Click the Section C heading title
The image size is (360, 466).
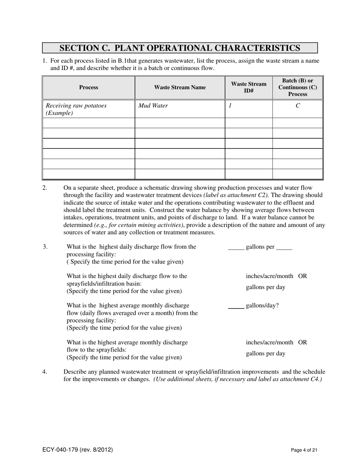[180, 48]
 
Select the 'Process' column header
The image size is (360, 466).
[89, 88]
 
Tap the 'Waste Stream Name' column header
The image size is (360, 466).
[180, 88]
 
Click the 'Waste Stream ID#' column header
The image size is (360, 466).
[249, 88]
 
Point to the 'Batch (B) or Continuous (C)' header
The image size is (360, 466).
[297, 88]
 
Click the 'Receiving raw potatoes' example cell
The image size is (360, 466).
[76, 109]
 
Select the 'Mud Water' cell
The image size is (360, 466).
[153, 106]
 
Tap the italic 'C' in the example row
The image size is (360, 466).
[297, 106]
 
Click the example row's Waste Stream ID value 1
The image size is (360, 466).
[230, 106]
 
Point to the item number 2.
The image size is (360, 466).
[45, 188]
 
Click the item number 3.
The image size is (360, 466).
[45, 247]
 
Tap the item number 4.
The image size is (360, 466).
[45, 372]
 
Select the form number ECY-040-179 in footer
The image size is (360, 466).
[77, 450]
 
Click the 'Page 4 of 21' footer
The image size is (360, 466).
[304, 450]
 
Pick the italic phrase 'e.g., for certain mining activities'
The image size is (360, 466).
[138, 225]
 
